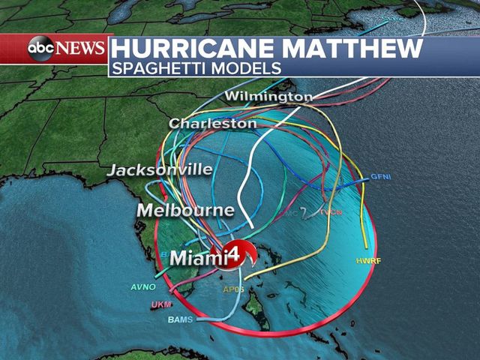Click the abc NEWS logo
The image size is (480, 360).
(x=66, y=48)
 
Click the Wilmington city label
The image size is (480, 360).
(x=268, y=97)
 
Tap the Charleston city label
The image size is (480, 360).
(x=213, y=123)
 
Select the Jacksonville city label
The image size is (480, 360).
(x=160, y=170)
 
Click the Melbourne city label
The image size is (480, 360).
(x=185, y=210)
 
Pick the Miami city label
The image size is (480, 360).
(x=196, y=258)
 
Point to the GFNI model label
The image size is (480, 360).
(x=381, y=177)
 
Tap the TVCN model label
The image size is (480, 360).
(x=331, y=212)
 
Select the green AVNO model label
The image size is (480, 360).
(x=143, y=286)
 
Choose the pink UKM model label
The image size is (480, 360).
(x=161, y=304)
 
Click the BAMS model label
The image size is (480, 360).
(x=180, y=319)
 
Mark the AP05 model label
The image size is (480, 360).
(x=234, y=289)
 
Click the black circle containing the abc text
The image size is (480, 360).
(x=41, y=48)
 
